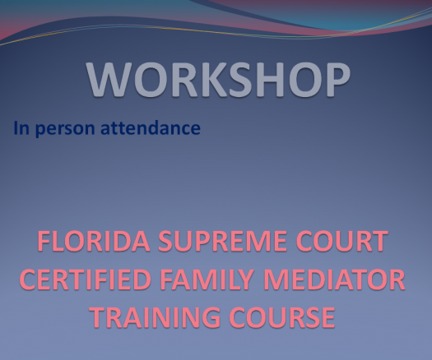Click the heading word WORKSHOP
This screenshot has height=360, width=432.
[218, 80]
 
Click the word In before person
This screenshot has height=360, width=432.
[21, 128]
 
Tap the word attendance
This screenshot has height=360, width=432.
[151, 127]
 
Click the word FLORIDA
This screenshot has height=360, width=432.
[94, 241]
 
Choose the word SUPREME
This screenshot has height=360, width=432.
[223, 241]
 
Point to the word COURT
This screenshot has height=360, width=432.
[342, 241]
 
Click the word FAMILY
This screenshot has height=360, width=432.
[207, 279]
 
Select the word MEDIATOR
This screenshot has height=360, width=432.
[334, 279]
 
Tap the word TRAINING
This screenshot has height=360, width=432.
[156, 317]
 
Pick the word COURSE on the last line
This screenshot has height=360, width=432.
[282, 317]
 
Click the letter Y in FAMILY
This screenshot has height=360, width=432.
[244, 279]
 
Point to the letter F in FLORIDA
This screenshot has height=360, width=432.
[44, 241]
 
